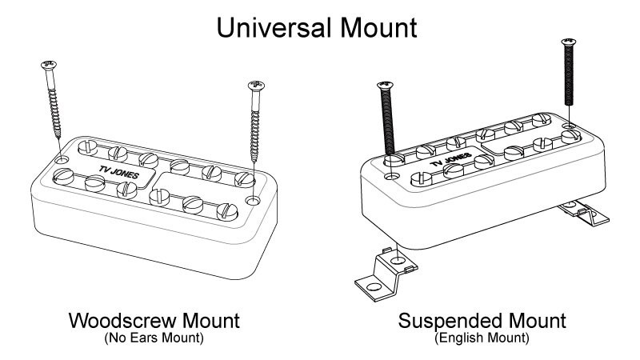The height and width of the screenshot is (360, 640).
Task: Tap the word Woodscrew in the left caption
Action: [120, 322]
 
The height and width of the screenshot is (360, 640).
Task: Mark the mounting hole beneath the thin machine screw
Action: [567, 127]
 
